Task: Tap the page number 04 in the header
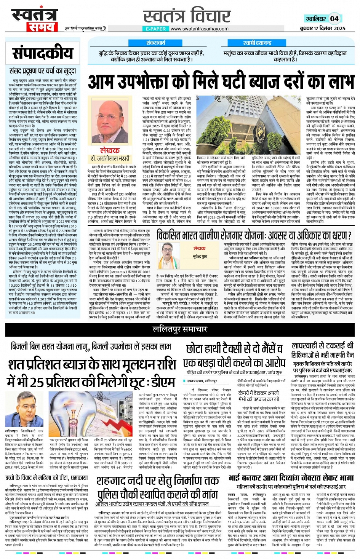pos(334,18)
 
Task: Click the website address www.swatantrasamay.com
pos(199,29)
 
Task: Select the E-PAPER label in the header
pos(155,29)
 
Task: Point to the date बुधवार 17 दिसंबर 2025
pos(322,29)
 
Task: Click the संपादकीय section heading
pos(42,53)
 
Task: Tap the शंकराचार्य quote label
pos(156,43)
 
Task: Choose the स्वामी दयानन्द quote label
pos(257,43)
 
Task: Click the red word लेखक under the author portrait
pos(110,150)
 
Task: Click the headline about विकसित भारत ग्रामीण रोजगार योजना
pos(254,235)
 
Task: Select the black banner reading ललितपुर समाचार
pos(180,329)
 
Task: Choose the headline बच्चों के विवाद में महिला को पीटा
pos(46,478)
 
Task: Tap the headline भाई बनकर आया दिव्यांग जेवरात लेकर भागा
pos(291,478)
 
